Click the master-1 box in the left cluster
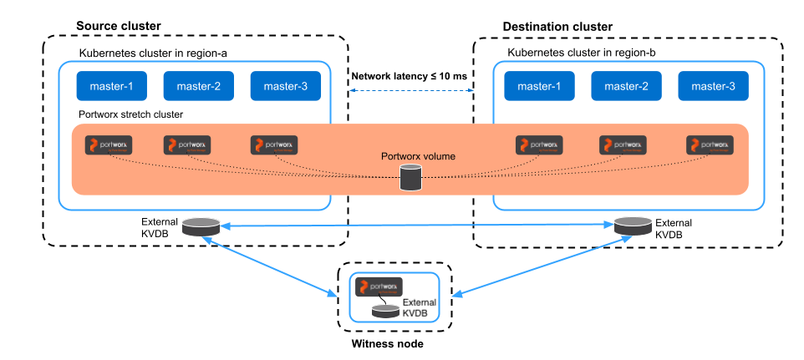pyautogui.click(x=111, y=86)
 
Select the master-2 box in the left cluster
pyautogui.click(x=198, y=86)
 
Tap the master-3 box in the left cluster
pyautogui.click(x=285, y=86)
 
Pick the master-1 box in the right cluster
pyautogui.click(x=539, y=86)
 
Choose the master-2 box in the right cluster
pyautogui.click(x=626, y=86)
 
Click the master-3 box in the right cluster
pyautogui.click(x=713, y=86)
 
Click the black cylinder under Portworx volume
pyautogui.click(x=410, y=178)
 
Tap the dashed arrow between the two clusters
pyautogui.click(x=412, y=90)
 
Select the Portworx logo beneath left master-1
pyautogui.click(x=109, y=145)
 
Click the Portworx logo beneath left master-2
pyautogui.click(x=187, y=145)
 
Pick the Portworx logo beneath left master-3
pyautogui.click(x=274, y=145)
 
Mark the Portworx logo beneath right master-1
pyautogui.click(x=539, y=145)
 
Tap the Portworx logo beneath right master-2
pyautogui.click(x=623, y=145)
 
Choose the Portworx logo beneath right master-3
pyautogui.click(x=710, y=145)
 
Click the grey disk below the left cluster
pyautogui.click(x=201, y=226)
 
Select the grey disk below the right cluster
pyautogui.click(x=633, y=226)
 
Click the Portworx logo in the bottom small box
pyautogui.click(x=379, y=286)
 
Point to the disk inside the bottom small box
pyautogui.click(x=385, y=311)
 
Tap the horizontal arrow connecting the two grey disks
pyautogui.click(x=416, y=225)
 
